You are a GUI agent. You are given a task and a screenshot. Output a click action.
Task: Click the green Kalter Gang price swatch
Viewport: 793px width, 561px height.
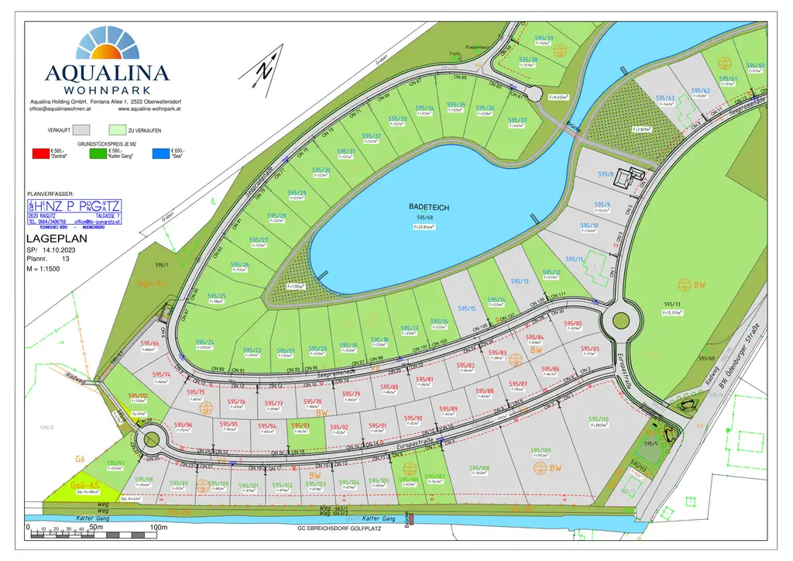point(99,153)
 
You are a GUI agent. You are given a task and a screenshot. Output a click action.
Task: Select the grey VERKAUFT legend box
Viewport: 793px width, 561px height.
point(83,129)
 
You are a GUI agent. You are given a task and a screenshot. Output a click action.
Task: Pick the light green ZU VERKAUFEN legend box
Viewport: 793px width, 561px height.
point(118,129)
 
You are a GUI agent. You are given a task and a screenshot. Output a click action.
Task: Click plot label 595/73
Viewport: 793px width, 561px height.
point(671,305)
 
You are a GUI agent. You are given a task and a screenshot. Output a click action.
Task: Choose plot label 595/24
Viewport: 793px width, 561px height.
point(204,342)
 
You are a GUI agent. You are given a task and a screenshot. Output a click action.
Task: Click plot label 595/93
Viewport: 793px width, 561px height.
point(300,425)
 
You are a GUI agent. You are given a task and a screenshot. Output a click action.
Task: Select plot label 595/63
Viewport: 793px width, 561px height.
point(665,98)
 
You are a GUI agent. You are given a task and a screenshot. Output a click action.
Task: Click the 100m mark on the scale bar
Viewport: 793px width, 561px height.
point(158,528)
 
